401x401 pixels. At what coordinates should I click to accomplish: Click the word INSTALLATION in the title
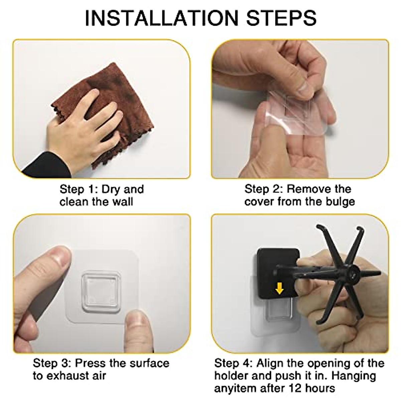pos(161,18)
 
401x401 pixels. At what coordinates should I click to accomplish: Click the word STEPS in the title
pos(281,18)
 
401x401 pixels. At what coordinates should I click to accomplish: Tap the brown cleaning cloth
pos(108,108)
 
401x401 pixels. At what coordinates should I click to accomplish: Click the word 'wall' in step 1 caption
pos(123,202)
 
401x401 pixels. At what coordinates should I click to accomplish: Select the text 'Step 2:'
pos(263,189)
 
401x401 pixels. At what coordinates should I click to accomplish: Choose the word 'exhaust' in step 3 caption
pos(68,376)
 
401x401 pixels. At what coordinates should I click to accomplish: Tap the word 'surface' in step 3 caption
pos(149,364)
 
